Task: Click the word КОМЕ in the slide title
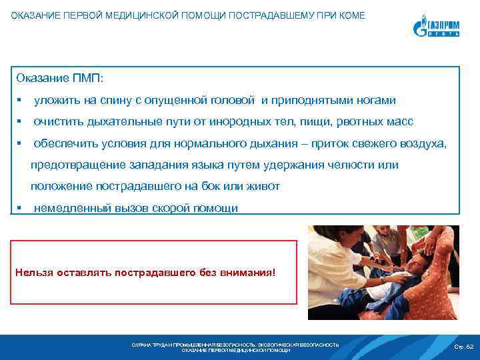(x=351, y=15)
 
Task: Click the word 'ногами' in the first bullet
(x=377, y=100)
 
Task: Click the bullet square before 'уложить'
(x=22, y=101)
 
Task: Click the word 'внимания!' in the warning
(x=251, y=273)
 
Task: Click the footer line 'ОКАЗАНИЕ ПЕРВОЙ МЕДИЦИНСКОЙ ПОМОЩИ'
(x=235, y=350)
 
